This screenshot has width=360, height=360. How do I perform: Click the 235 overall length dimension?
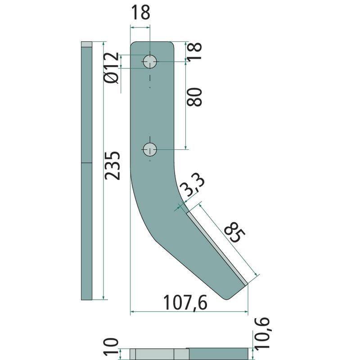[x=112, y=166]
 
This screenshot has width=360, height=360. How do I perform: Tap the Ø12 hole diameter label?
[x=112, y=68]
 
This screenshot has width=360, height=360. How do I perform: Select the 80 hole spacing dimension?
[x=194, y=97]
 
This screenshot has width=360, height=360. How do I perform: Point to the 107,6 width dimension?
[x=185, y=303]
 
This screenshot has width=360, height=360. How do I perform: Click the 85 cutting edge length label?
[x=234, y=232]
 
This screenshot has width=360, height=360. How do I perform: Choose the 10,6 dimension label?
[x=261, y=333]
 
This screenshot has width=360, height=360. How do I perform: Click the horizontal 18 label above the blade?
[x=140, y=13]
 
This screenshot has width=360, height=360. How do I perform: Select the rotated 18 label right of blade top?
[x=194, y=51]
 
